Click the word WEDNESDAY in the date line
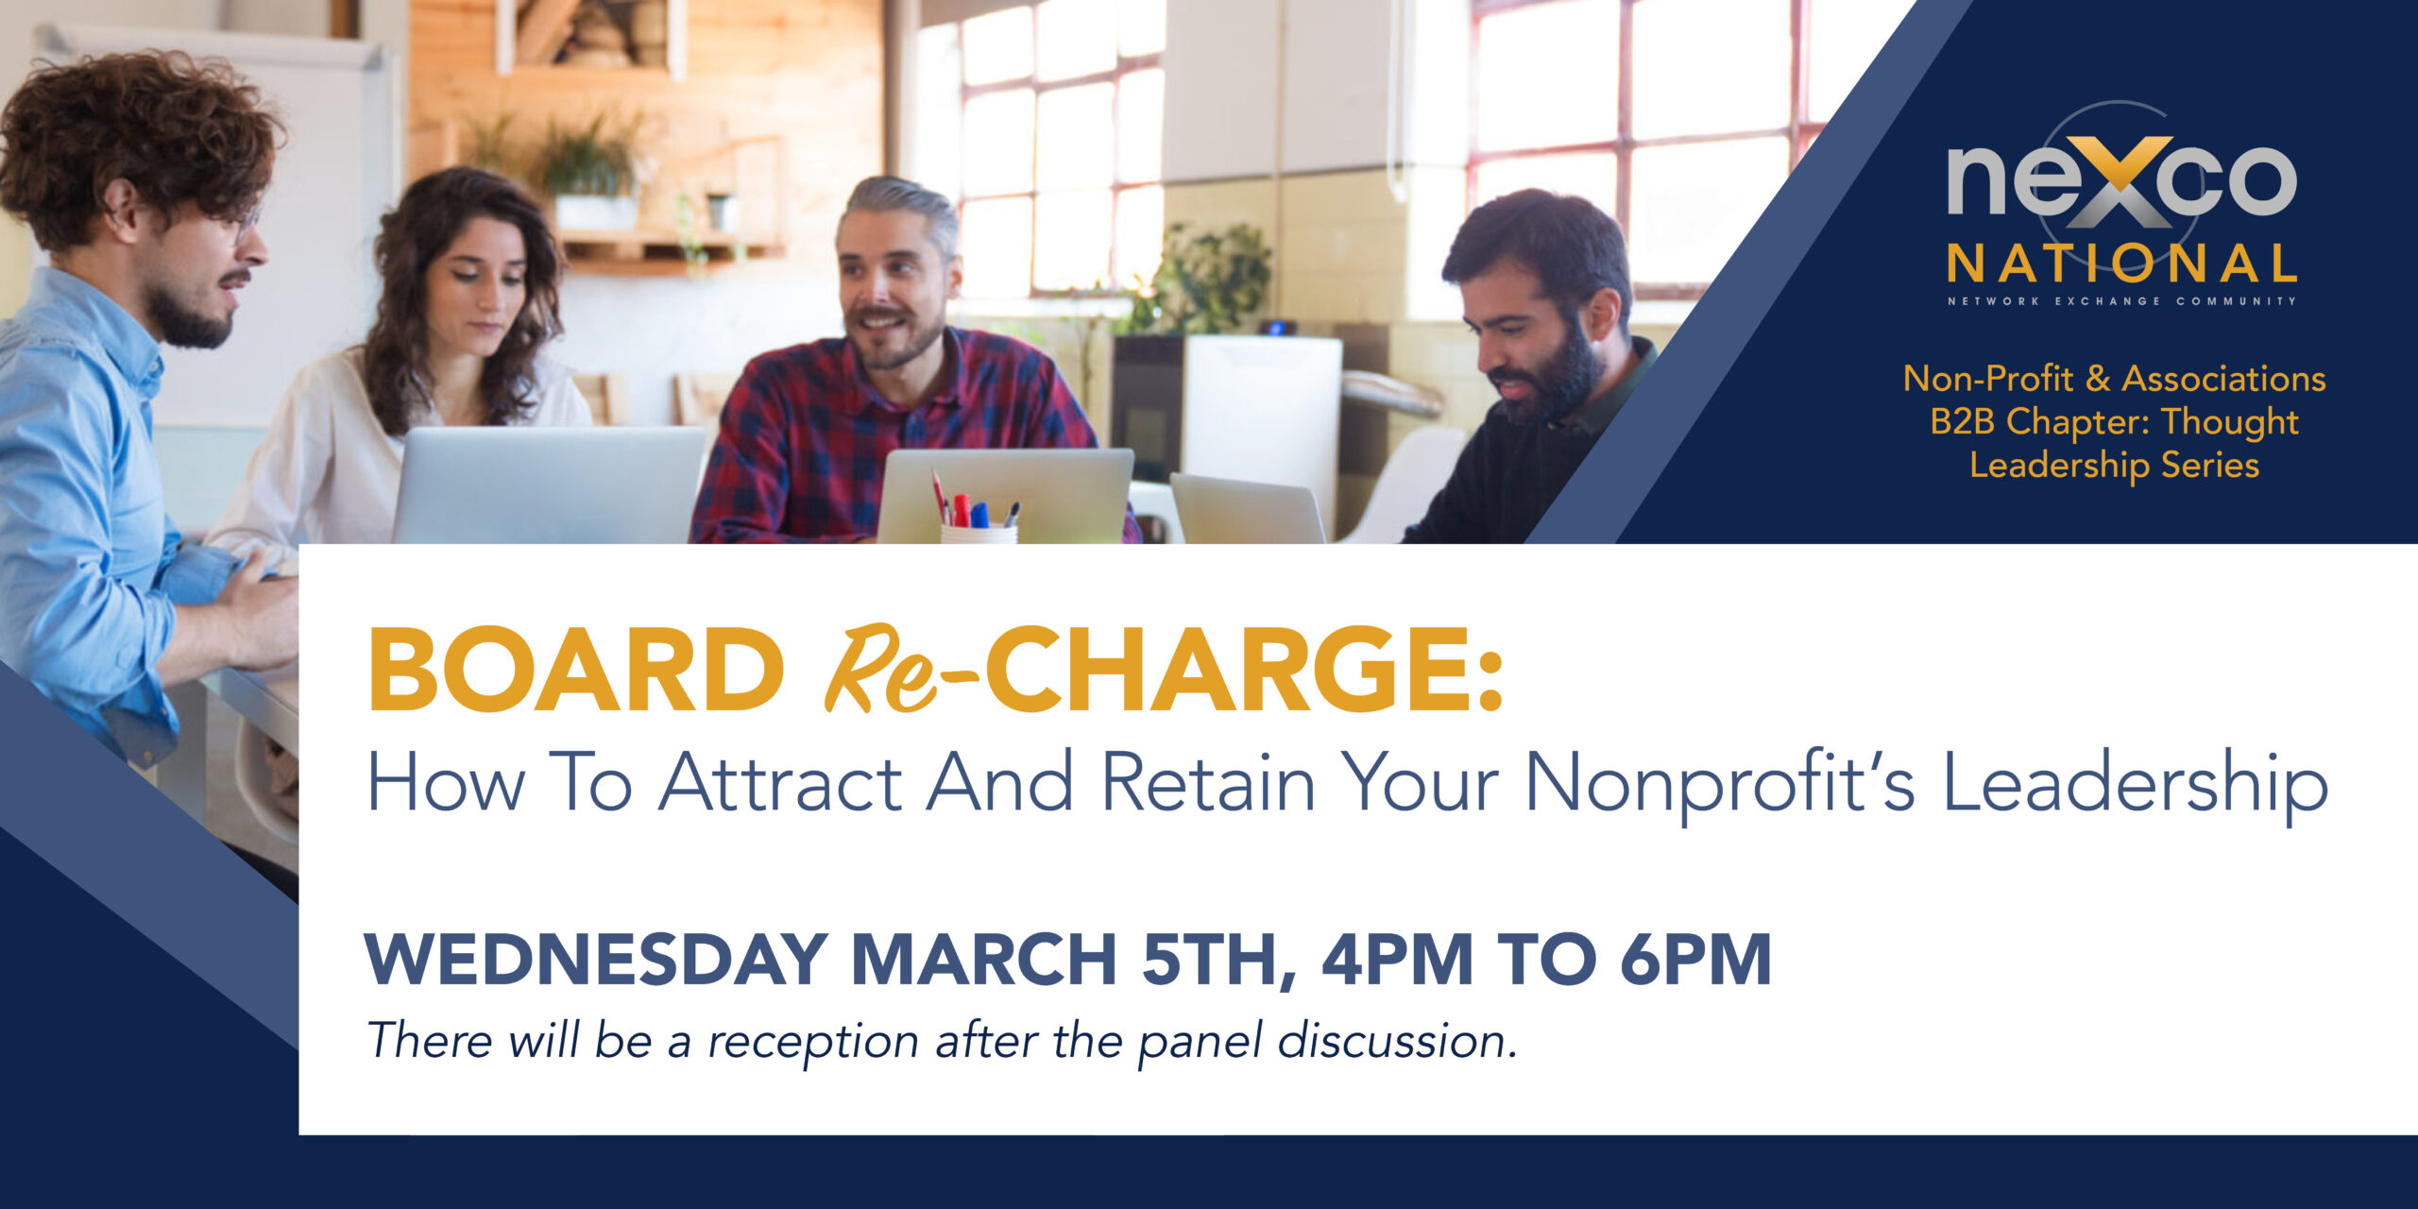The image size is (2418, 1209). pyautogui.click(x=597, y=960)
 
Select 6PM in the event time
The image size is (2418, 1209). pyautogui.click(x=1695, y=960)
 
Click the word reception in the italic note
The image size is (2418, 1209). pyautogui.click(x=813, y=1043)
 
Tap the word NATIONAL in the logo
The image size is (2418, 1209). pyautogui.click(x=2121, y=264)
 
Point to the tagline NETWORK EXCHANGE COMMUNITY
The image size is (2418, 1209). pyautogui.click(x=2121, y=301)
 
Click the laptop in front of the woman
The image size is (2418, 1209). pyautogui.click(x=549, y=484)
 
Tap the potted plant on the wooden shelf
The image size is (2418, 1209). pyautogui.click(x=591, y=175)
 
